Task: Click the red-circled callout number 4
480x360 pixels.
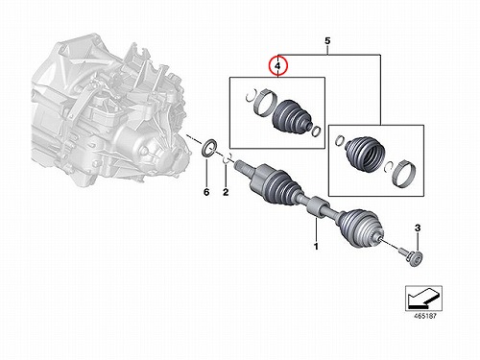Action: point(278,66)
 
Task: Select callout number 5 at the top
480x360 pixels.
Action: point(327,41)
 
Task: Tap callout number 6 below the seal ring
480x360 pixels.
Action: point(206,192)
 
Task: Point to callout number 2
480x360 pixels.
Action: point(226,192)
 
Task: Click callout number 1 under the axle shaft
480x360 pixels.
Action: point(316,247)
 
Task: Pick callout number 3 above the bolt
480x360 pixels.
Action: point(418,228)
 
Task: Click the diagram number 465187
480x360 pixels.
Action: point(425,316)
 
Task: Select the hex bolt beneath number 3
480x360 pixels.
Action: point(412,256)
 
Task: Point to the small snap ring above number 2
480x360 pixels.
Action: point(227,159)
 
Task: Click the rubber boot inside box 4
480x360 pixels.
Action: point(291,116)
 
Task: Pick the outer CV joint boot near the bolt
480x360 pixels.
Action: point(362,228)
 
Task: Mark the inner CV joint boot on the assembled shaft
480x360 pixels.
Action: point(278,186)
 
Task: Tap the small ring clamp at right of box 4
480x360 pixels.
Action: point(316,131)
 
